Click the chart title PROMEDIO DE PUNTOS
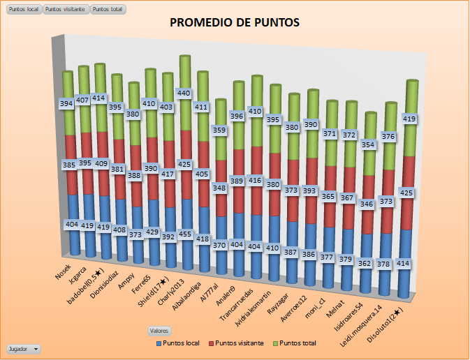point(235,23)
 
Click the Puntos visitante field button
point(66,9)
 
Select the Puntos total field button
point(108,9)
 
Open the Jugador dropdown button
point(24,348)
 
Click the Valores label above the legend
point(159,331)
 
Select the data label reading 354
point(369,145)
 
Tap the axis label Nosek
point(64,271)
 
